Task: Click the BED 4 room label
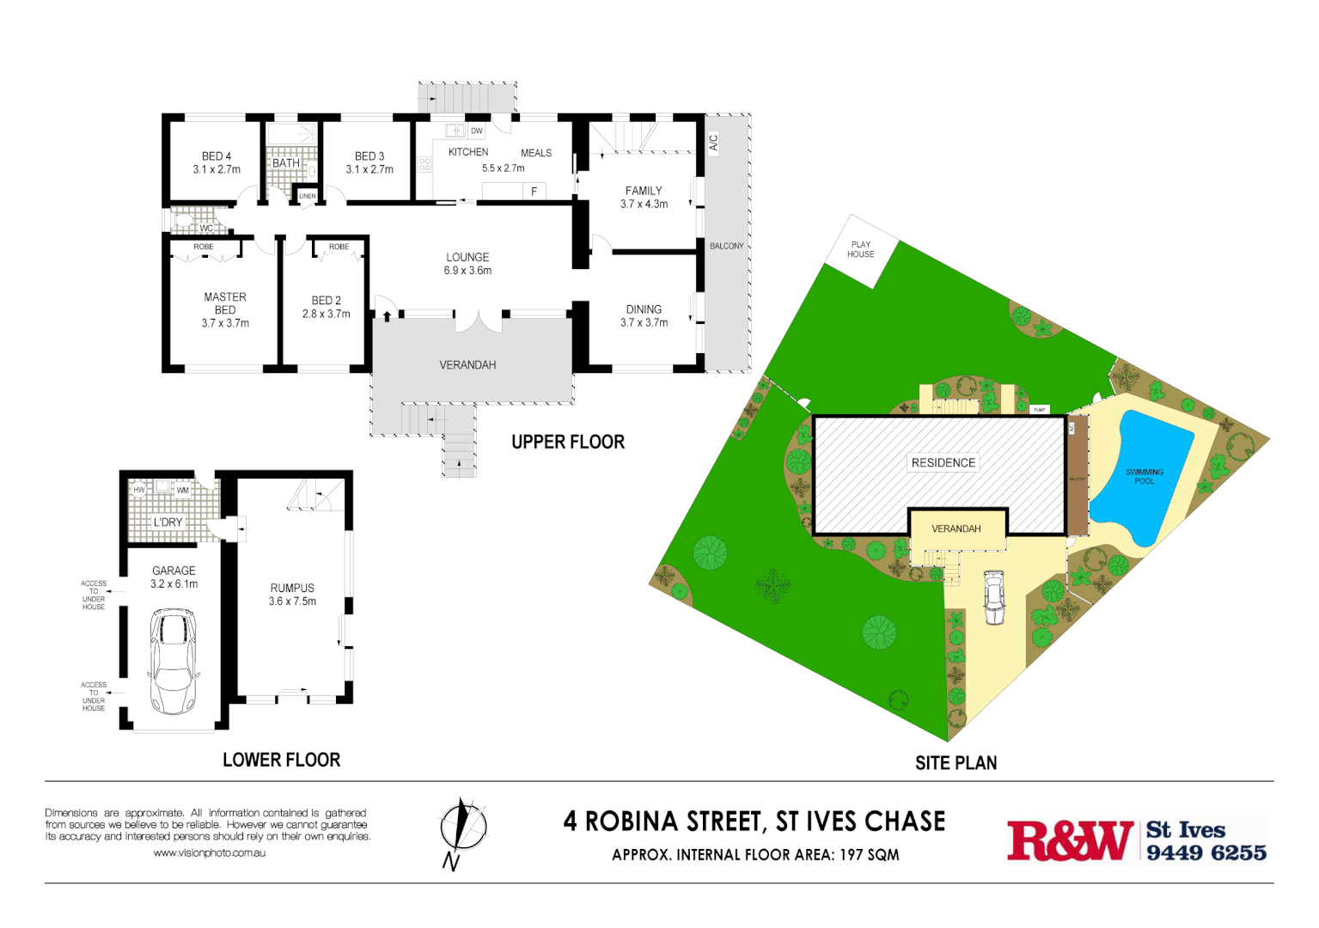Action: [217, 156]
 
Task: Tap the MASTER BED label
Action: [225, 303]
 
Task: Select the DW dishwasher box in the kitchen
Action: [476, 131]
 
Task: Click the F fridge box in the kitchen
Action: [534, 192]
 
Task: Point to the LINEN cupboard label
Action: [307, 196]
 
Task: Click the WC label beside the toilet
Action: [206, 229]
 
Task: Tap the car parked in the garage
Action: [173, 661]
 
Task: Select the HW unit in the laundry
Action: [139, 490]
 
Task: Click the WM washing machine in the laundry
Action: [182, 491]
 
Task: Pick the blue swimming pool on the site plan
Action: [1147, 477]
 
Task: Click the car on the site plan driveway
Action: [994, 597]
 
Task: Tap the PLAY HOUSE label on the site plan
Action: [860, 249]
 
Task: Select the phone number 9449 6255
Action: [1206, 852]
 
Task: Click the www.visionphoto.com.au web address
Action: [209, 853]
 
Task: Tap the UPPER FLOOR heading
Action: [568, 443]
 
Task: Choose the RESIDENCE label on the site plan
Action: [943, 462]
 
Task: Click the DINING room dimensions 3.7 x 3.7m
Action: [644, 323]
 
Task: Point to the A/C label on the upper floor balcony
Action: [713, 143]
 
